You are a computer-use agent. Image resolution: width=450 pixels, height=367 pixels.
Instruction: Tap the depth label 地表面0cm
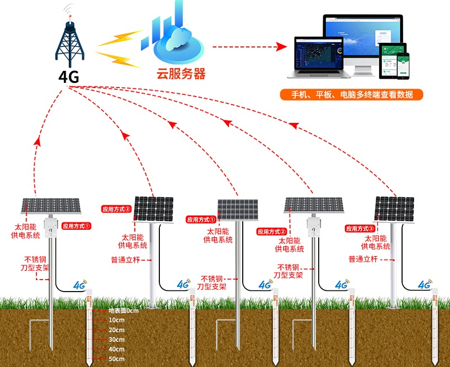(x=123, y=311)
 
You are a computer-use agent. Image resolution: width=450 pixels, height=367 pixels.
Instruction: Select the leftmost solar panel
(x=51, y=206)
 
